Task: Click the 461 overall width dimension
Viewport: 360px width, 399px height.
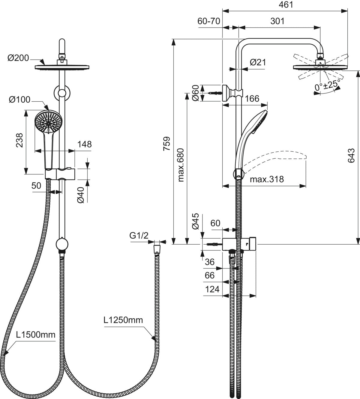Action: [x=286, y=5]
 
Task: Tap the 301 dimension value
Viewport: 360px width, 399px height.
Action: [x=277, y=21]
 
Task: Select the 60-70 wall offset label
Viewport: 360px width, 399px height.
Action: [x=209, y=21]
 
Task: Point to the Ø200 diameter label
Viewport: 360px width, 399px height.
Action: [x=18, y=58]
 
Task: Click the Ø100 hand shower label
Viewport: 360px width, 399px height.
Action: [x=19, y=100]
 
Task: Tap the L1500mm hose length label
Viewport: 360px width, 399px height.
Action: [x=36, y=335]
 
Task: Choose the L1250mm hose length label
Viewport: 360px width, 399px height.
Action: [x=123, y=320]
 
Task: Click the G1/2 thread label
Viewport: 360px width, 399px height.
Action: [x=139, y=236]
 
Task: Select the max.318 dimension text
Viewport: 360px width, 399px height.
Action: [x=267, y=179]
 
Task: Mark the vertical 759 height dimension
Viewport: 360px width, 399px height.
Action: [x=167, y=143]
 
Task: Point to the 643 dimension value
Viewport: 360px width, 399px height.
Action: [x=351, y=156]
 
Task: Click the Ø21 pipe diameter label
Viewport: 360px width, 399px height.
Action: [x=258, y=62]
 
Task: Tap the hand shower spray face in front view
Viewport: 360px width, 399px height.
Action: [x=48, y=122]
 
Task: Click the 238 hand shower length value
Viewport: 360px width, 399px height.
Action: [x=19, y=140]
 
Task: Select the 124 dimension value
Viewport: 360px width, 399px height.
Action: [x=212, y=289]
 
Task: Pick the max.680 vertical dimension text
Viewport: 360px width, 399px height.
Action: [x=181, y=165]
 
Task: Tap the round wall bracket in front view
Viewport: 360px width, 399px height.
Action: [x=62, y=93]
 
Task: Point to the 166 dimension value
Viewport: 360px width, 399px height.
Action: [x=252, y=98]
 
